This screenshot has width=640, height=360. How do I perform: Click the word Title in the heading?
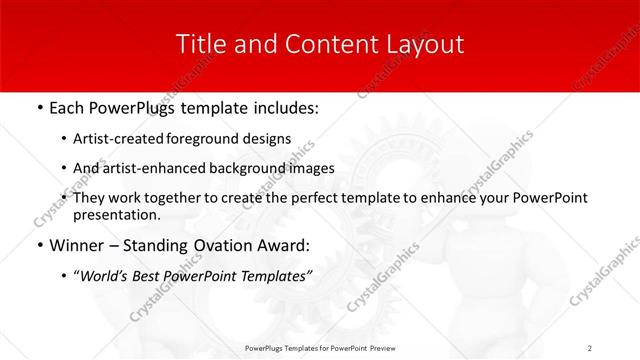click(198, 44)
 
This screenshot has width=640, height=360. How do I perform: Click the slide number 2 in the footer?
click(590, 347)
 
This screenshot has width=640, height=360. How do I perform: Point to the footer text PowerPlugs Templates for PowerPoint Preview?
click(320, 347)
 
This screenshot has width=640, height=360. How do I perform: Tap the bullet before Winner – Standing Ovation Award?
click(38, 244)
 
